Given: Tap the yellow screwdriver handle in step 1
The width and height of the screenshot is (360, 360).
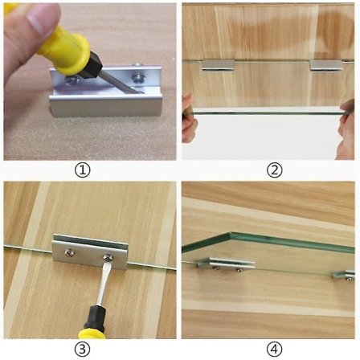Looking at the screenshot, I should click(60, 44).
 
